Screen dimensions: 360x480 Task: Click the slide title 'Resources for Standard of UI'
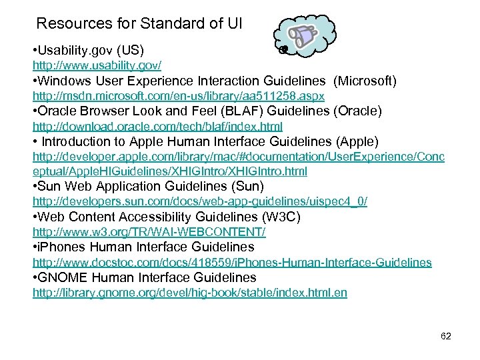point(139,24)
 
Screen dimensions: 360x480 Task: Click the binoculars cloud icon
point(306,36)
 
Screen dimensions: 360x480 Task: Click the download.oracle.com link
point(149,126)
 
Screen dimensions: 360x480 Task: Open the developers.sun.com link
point(200,201)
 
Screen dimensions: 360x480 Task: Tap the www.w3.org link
point(149,231)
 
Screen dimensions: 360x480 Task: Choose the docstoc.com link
point(232,263)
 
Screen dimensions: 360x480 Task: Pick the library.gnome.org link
point(190,293)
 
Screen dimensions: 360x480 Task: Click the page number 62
point(446,336)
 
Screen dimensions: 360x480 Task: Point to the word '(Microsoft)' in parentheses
point(365,81)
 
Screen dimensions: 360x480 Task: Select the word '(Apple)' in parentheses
point(357,141)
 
